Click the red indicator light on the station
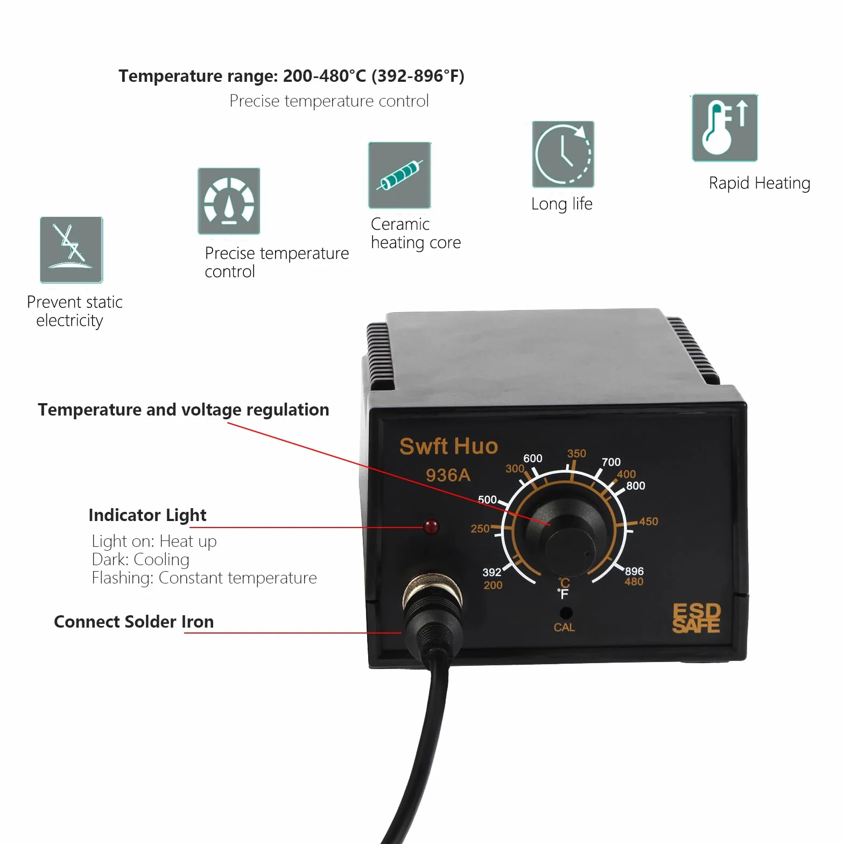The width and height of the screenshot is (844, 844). point(431,526)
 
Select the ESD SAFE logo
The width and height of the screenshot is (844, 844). point(696,617)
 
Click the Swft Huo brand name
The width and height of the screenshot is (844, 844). point(448,446)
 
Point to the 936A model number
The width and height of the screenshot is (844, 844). point(448,475)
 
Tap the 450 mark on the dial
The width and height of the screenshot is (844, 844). point(648,521)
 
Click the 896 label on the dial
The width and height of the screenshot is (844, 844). point(634,571)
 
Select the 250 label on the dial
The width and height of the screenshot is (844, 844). point(480,529)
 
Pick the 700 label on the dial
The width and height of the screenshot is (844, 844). point(611,462)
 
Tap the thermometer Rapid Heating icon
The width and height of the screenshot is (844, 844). point(725,128)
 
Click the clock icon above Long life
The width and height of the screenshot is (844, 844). point(563,154)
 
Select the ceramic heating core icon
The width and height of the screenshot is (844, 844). point(399,175)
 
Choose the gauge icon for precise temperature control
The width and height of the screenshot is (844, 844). point(229,201)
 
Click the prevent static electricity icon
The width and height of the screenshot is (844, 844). point(71,250)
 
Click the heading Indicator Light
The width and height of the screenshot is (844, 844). point(147,515)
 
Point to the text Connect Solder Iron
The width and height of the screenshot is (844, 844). point(134,622)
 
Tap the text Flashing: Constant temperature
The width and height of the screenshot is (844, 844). point(204,578)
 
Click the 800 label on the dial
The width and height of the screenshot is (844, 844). point(635,486)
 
